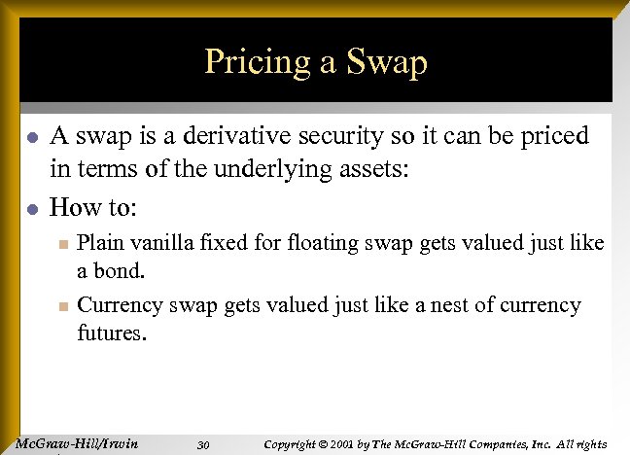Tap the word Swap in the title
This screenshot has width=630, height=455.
pos(384,63)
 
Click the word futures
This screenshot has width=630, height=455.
pos(112,333)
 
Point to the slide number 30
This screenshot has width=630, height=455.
pos(203,445)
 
